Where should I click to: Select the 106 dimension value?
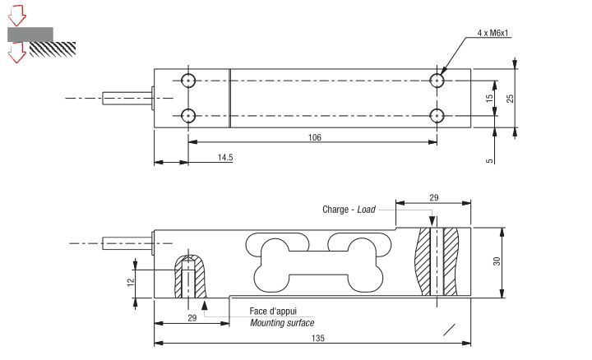pyautogui.click(x=314, y=136)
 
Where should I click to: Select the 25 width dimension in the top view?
pyautogui.click(x=510, y=97)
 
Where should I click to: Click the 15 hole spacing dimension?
pyautogui.click(x=489, y=98)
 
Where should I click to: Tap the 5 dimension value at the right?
pyautogui.click(x=489, y=160)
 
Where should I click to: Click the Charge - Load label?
pyautogui.click(x=349, y=210)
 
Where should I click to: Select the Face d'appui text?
pyautogui.click(x=273, y=312)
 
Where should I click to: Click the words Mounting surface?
pyautogui.click(x=282, y=323)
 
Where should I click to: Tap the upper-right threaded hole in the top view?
pyautogui.click(x=437, y=80)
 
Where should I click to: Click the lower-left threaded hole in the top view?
pyautogui.click(x=188, y=115)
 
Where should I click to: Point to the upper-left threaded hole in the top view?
pyautogui.click(x=188, y=80)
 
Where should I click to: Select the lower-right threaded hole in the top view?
pyautogui.click(x=437, y=115)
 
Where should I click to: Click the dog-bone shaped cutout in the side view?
pyautogui.click(x=317, y=263)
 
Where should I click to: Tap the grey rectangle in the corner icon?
pyautogui.click(x=30, y=35)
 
